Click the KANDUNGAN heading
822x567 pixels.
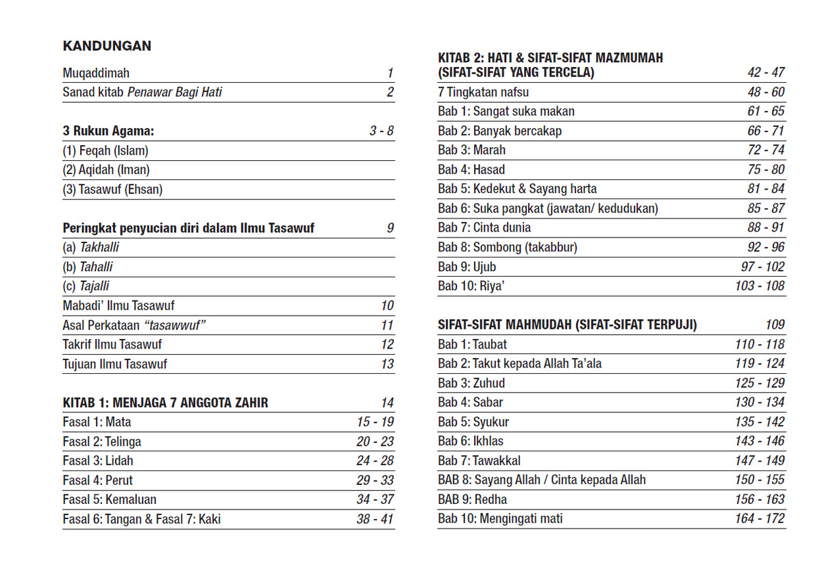point(107,46)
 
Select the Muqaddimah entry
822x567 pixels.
point(96,73)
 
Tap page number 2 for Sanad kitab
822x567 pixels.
point(390,92)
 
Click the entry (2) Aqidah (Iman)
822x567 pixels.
point(106,170)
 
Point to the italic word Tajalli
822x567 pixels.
point(94,286)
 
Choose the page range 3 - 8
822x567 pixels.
point(382,131)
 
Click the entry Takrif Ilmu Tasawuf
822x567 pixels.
point(112,344)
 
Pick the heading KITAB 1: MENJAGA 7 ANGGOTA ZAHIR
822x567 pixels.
point(165,403)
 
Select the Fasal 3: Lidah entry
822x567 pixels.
point(98,461)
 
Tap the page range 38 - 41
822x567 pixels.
point(375,519)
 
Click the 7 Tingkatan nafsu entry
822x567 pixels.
point(484,92)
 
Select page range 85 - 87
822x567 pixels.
point(766,208)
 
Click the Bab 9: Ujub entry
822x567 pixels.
point(467,266)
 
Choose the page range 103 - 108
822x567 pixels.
point(760,286)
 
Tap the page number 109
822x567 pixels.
point(775,325)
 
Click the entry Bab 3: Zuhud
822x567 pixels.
point(471,383)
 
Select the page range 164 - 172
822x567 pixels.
point(760,518)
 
